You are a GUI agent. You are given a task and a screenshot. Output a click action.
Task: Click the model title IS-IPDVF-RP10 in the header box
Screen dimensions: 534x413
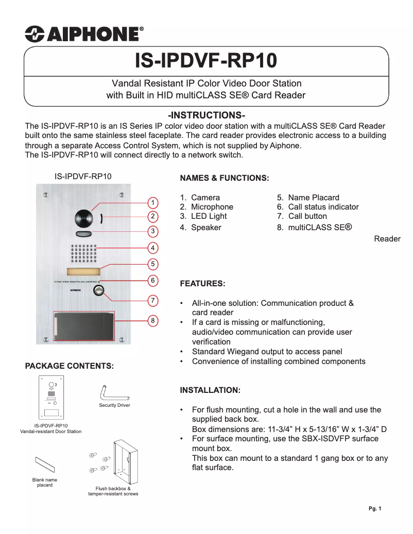pos(206,61)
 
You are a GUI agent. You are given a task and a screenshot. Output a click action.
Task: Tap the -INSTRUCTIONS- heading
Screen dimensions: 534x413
pos(206,115)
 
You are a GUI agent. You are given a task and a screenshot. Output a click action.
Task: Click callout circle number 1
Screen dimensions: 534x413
pos(153,202)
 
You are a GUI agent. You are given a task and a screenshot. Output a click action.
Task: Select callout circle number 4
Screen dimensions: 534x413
pos(153,248)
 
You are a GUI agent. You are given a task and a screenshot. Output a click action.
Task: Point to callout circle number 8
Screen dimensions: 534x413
pos(153,321)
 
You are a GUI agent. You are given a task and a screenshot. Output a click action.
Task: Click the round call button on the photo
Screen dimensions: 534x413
pos(98,292)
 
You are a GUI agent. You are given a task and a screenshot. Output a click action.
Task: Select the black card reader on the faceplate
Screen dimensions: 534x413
pos(84,326)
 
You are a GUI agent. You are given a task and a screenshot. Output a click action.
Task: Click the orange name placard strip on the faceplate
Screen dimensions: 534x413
pos(83,272)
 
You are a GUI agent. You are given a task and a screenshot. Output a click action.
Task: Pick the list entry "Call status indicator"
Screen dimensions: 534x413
pos(323,207)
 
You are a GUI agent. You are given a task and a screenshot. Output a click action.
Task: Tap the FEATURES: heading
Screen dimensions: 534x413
pos(202,284)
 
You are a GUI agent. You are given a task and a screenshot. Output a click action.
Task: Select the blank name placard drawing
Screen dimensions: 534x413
pos(44,465)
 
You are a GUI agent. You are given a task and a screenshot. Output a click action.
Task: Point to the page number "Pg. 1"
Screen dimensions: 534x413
pos(375,509)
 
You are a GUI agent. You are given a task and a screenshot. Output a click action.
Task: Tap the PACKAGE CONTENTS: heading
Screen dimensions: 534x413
pos(69,366)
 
